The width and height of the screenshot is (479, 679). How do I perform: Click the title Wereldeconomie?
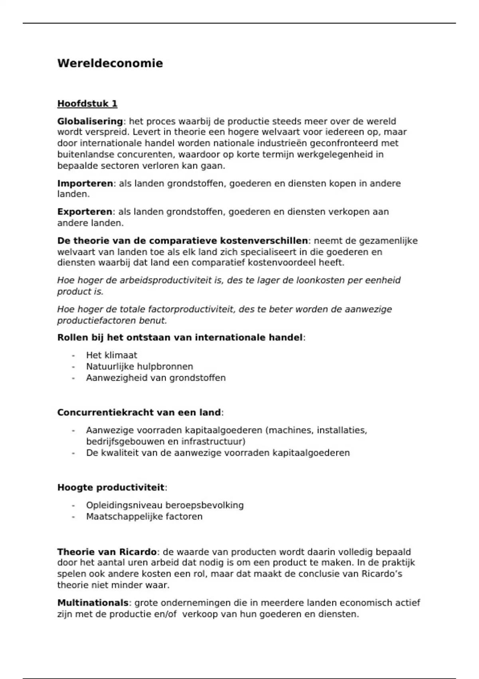110,64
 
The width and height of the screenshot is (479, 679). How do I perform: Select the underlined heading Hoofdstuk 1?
87,104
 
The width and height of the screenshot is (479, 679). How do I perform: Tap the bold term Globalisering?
90,121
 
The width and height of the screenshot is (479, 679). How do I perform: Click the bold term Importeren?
85,184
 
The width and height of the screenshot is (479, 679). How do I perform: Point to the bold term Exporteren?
85,212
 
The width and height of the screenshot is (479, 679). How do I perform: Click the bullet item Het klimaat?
111,355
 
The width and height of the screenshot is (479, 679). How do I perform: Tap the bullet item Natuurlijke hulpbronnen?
139,367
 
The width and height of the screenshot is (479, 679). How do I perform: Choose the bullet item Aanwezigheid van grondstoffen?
156,378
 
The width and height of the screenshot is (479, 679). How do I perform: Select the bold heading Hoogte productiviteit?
111,488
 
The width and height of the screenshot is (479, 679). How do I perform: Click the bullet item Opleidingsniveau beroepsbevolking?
164,505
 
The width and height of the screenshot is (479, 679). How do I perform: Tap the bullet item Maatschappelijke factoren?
144,516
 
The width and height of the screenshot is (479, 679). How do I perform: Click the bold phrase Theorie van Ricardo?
107,552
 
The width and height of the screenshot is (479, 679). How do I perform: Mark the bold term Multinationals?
93,603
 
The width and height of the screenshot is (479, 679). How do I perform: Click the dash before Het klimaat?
73,355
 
